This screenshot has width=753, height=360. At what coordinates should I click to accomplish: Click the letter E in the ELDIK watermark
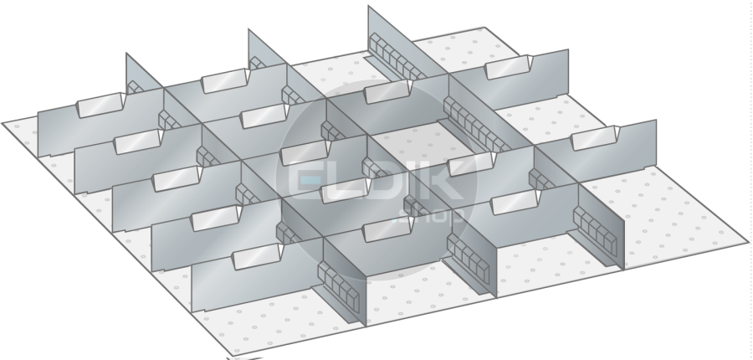(305, 181)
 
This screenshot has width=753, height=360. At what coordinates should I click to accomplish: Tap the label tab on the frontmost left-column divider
(258, 256)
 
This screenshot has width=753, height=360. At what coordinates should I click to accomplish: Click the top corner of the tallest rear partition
(369, 6)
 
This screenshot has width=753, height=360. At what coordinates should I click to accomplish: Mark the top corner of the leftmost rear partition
(126, 54)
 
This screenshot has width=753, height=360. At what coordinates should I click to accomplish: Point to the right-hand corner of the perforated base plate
(748, 242)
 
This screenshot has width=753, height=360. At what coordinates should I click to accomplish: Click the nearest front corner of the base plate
(233, 356)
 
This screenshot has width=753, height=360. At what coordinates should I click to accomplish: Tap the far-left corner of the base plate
(3, 124)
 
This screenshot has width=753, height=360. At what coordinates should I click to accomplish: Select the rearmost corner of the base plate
(484, 28)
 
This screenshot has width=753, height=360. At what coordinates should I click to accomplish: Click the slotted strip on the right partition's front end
(595, 232)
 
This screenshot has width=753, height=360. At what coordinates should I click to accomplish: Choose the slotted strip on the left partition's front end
(338, 285)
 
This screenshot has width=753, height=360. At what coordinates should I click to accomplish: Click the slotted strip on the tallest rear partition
(397, 57)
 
